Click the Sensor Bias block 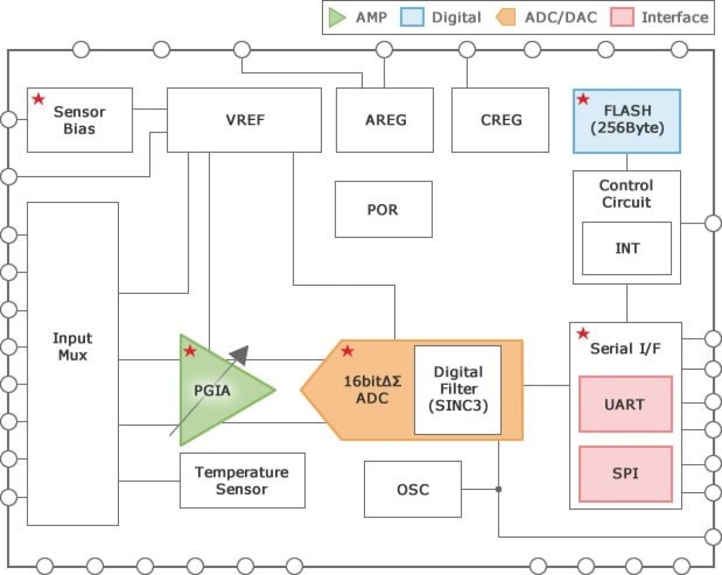[x=79, y=120]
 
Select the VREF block [x=244, y=120]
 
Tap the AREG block [x=385, y=120]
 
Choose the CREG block [x=500, y=120]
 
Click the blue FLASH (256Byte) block [x=627, y=121]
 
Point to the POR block [x=383, y=209]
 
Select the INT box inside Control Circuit [x=627, y=248]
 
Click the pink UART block [x=625, y=404]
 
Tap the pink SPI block [x=625, y=474]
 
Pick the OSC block [x=412, y=489]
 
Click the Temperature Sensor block [x=242, y=481]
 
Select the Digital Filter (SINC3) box [x=458, y=389]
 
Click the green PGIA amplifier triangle [x=213, y=390]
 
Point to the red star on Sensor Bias [x=39, y=99]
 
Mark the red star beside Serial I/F [x=583, y=333]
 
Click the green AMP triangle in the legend [x=336, y=17]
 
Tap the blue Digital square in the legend [x=412, y=17]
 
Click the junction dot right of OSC [x=498, y=489]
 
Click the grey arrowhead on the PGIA [x=241, y=354]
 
